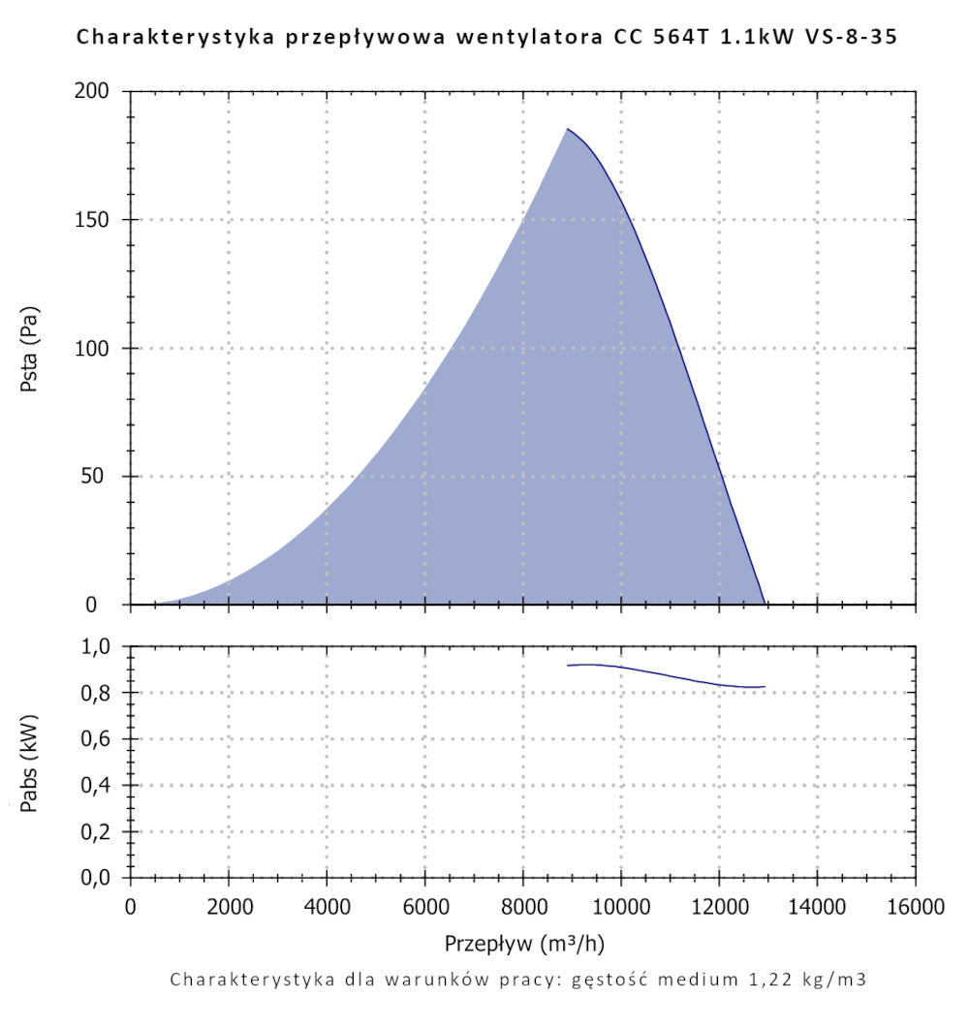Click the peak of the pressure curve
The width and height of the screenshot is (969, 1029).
(x=568, y=129)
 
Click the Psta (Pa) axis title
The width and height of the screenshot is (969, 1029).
(x=30, y=349)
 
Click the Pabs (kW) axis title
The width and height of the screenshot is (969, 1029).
(x=30, y=762)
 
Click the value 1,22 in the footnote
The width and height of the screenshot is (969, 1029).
(x=764, y=979)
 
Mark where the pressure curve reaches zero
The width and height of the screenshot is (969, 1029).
(x=765, y=604)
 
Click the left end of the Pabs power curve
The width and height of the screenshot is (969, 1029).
(x=568, y=666)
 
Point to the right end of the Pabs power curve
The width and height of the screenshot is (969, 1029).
(x=765, y=687)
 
